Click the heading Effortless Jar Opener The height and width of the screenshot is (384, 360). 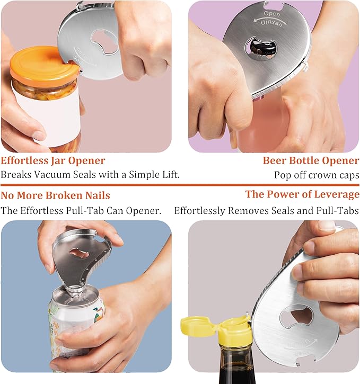tap(53, 160)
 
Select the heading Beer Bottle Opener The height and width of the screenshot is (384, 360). tap(311, 160)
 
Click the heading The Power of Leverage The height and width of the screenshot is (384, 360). tap(302, 194)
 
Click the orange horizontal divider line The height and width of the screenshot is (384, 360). tap(180, 185)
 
